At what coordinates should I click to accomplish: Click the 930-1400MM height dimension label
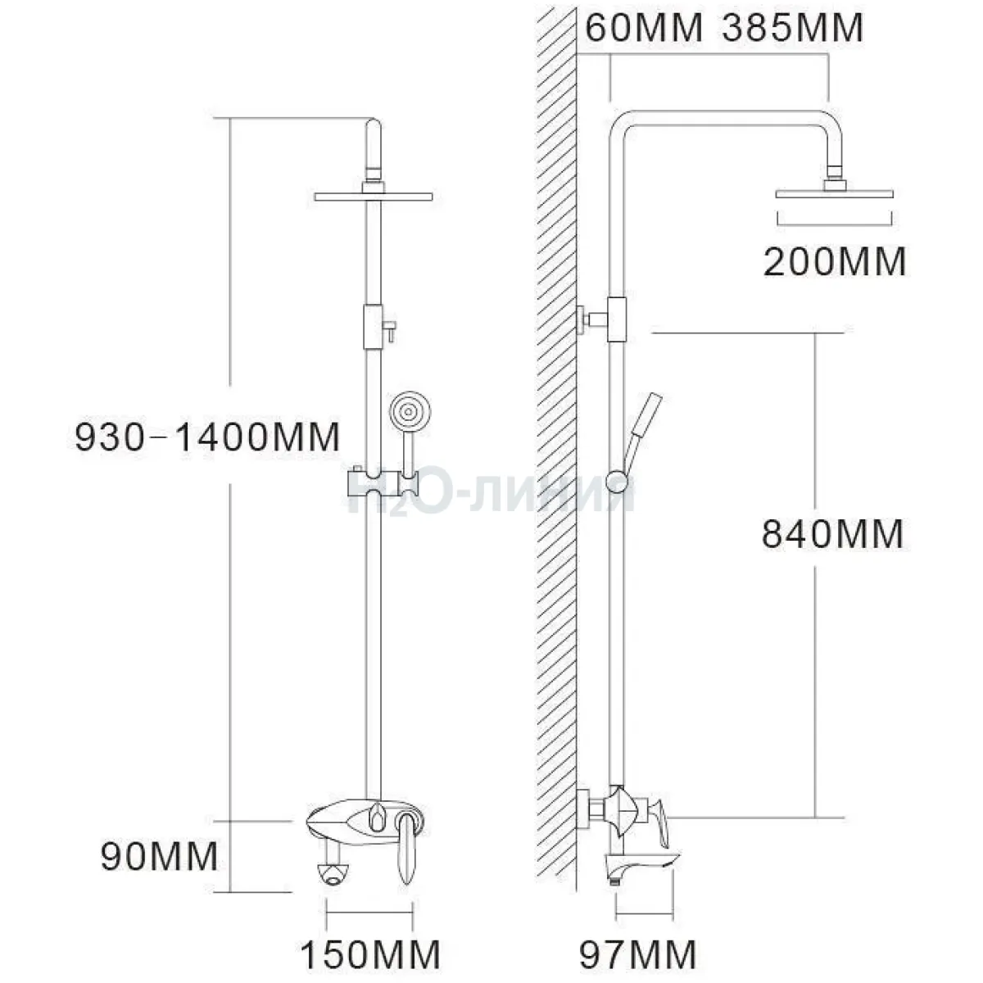pos(207,437)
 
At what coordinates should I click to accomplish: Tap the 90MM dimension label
pos(159,857)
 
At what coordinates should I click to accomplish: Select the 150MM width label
pos(370,954)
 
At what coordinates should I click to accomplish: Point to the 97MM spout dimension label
pos(637,954)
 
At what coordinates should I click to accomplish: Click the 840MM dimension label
pos(832,534)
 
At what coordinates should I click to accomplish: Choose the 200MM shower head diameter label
pos(835,262)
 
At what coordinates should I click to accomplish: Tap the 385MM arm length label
pos(792,28)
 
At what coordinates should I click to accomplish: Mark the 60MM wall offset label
pos(644,28)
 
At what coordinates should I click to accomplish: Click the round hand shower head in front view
pos(410,410)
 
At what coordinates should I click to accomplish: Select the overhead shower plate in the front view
pos(374,197)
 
